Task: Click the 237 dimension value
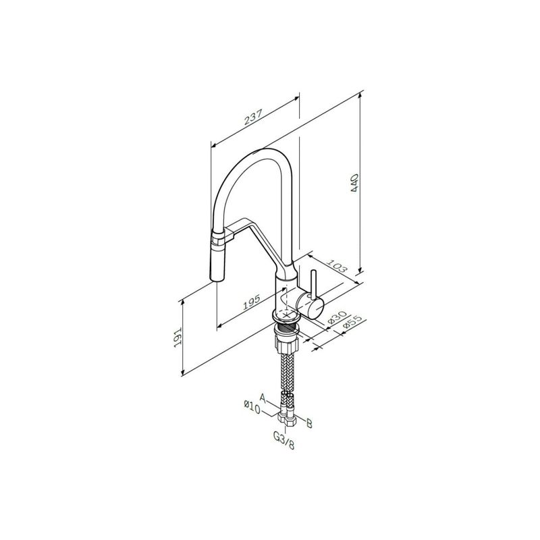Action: (x=254, y=117)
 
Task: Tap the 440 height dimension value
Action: (x=355, y=183)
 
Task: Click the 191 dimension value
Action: (x=178, y=337)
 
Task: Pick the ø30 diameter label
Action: (x=336, y=317)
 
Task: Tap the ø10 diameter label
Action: (x=252, y=407)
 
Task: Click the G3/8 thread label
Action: (x=283, y=441)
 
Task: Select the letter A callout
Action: (x=263, y=398)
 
